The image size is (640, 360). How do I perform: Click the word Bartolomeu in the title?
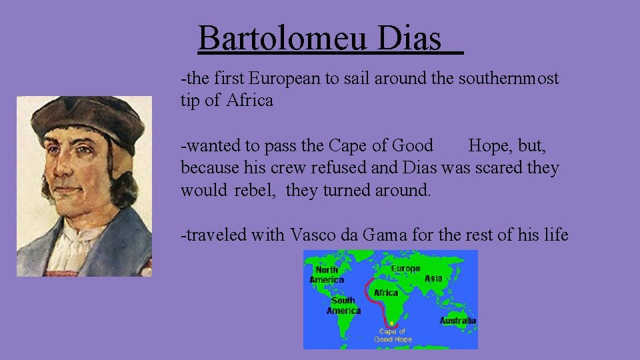click(283, 38)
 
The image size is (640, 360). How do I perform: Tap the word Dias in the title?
click(409, 38)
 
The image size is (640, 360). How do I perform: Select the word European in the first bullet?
click(285, 79)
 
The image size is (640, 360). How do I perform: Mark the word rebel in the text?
click(256, 190)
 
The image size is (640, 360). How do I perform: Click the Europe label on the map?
click(405, 269)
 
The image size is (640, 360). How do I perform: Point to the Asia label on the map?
click(433, 278)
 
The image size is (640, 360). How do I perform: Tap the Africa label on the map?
click(386, 293)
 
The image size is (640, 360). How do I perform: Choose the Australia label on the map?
click(457, 321)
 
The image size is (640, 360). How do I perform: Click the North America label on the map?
click(327, 275)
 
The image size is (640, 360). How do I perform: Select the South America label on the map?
click(343, 305)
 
